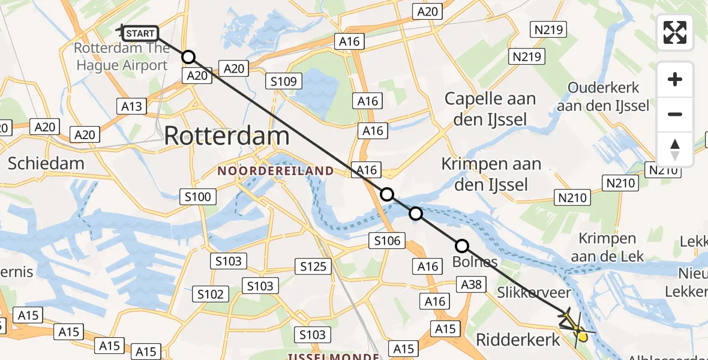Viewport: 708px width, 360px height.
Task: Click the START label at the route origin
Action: [x=141, y=34]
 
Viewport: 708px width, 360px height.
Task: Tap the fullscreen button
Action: [x=675, y=32]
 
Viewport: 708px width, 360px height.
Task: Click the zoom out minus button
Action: [x=675, y=114]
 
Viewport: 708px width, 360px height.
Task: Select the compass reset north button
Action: [x=675, y=149]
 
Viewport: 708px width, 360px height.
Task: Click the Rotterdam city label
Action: [x=227, y=136]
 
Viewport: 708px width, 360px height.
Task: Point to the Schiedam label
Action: [x=38, y=163]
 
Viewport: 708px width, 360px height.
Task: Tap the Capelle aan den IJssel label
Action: [x=490, y=109]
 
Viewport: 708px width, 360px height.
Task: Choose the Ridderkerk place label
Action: [x=518, y=340]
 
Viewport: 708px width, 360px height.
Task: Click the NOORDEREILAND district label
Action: [x=275, y=171]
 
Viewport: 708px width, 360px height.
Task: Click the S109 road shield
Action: [x=284, y=81]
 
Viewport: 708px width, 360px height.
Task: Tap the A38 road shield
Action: [x=472, y=284]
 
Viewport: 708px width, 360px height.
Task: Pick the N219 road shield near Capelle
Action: [x=526, y=57]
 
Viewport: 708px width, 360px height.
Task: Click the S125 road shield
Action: [x=313, y=266]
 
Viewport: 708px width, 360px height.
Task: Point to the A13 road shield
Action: [x=131, y=106]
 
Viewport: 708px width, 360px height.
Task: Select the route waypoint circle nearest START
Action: [x=188, y=57]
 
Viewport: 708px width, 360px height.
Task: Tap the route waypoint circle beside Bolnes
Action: [x=461, y=245]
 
